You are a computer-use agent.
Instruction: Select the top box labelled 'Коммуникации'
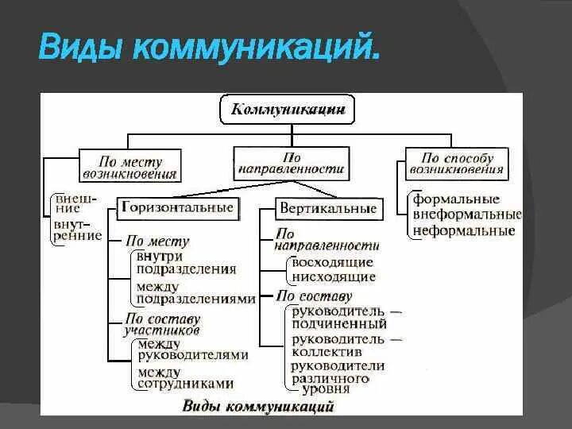click(287, 110)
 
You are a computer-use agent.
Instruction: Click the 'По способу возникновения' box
click(456, 164)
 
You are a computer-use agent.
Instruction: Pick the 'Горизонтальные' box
click(177, 208)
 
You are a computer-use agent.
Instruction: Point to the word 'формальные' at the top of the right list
click(455, 199)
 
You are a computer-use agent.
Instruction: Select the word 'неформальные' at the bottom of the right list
click(464, 231)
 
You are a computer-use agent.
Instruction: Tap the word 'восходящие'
click(332, 262)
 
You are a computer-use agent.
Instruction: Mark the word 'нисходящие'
click(333, 277)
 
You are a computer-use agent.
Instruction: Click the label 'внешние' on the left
click(74, 203)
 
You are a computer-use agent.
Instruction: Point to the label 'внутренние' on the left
click(76, 230)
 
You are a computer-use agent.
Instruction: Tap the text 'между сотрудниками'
click(184, 377)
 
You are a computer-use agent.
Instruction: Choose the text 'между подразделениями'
click(195, 292)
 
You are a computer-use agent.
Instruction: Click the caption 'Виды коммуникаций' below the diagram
click(258, 406)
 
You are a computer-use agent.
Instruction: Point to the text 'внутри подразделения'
click(186, 262)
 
